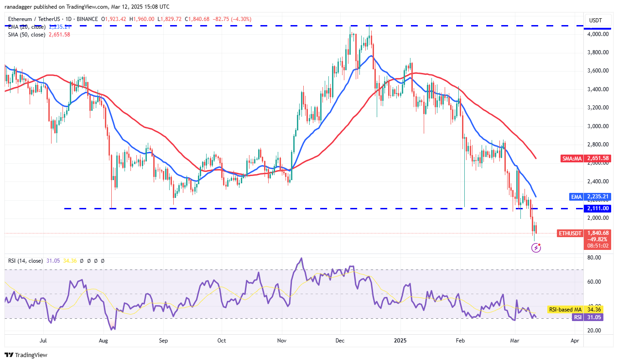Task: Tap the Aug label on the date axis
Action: point(104,340)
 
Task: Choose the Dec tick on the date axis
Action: point(339,340)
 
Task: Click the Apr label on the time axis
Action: point(575,340)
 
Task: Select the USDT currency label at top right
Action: point(596,20)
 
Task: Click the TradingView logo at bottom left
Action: point(26,355)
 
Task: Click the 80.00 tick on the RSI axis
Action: point(595,258)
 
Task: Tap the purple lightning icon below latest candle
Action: point(536,248)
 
